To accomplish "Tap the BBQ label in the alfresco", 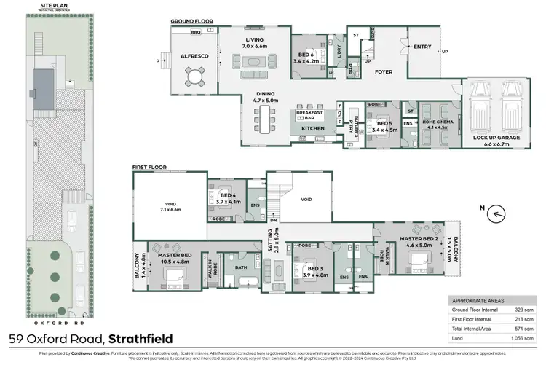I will coord(195,33).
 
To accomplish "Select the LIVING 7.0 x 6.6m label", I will coord(254,42).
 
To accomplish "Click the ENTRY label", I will coord(422,47).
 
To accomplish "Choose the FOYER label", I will coord(384,72).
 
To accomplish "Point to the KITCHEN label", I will coord(312,129).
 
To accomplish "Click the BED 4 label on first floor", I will coord(227,197).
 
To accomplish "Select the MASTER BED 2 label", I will coord(418,241).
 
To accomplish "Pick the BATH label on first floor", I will coord(242,268).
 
